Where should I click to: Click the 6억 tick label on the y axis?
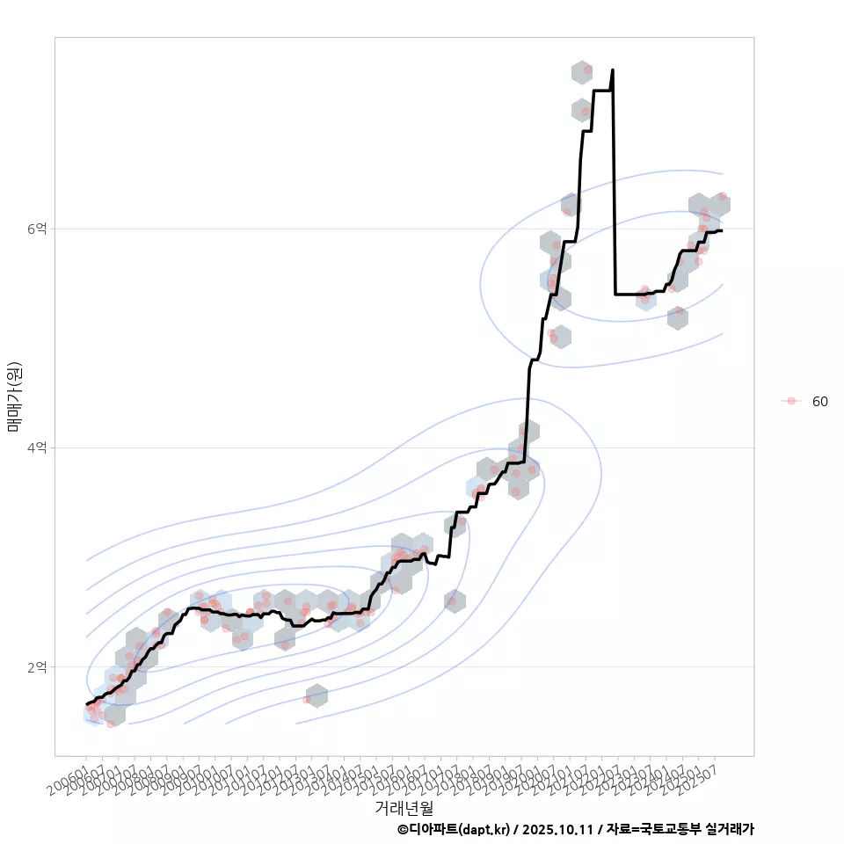[38, 229]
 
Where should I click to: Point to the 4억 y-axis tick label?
[38, 448]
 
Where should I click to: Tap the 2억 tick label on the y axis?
[38, 667]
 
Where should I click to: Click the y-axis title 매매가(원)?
[14, 397]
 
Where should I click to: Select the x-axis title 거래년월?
[404, 807]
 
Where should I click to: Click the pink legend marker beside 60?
[791, 401]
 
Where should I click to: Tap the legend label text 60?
[819, 402]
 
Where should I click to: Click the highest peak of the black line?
[613, 70]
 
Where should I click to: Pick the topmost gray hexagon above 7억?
[582, 72]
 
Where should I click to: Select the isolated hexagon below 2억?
[316, 696]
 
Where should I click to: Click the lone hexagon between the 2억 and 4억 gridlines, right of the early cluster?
[455, 601]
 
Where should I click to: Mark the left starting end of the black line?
[86, 704]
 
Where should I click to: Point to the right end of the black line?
[721, 230]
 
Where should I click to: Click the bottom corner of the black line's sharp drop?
[615, 295]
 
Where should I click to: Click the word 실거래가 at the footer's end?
[731, 829]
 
